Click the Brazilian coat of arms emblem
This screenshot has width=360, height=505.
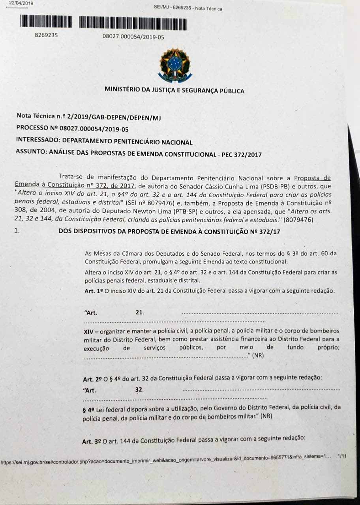click(x=174, y=64)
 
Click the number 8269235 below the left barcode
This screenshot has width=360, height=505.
click(x=46, y=35)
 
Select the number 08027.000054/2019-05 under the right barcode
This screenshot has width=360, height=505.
click(x=133, y=37)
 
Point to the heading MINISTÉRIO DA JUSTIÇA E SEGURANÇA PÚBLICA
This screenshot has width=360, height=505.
click(x=174, y=91)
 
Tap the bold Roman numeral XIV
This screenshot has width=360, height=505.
click(x=90, y=331)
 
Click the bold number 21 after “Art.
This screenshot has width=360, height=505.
click(x=139, y=312)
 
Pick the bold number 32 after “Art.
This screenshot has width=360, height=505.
click(x=139, y=389)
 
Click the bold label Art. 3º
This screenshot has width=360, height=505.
click(x=92, y=438)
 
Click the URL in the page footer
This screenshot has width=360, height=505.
click(x=166, y=461)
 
